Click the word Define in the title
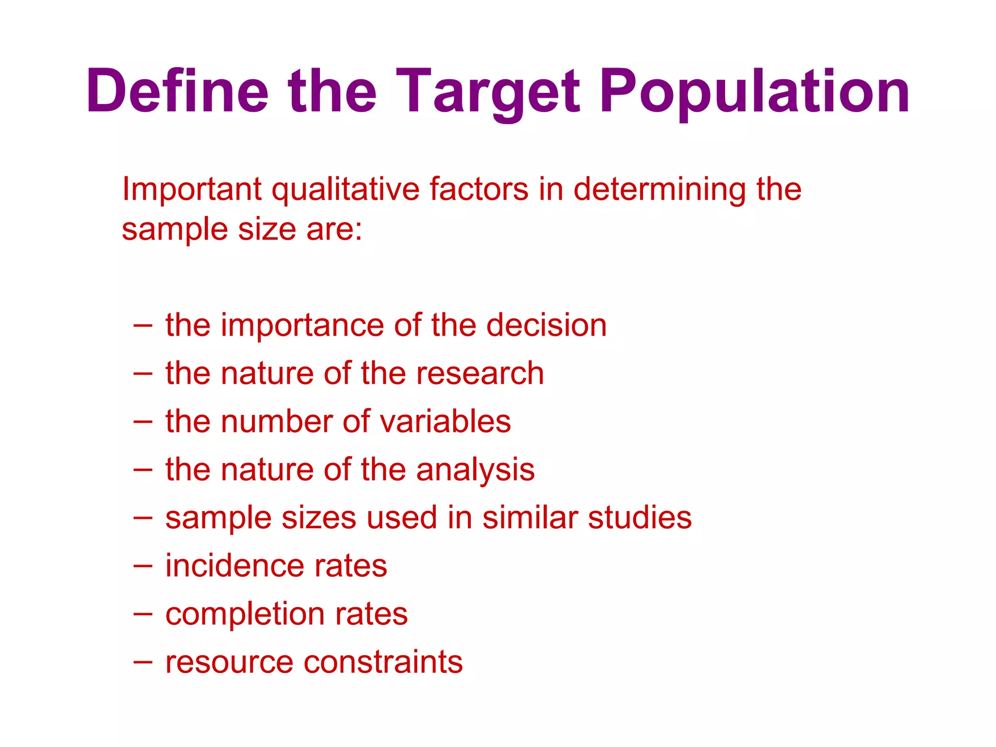pyautogui.click(x=178, y=91)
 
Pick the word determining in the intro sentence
pyautogui.click(x=659, y=190)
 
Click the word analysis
pyautogui.click(x=476, y=470)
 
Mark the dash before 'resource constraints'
pyautogui.click(x=142, y=662)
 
